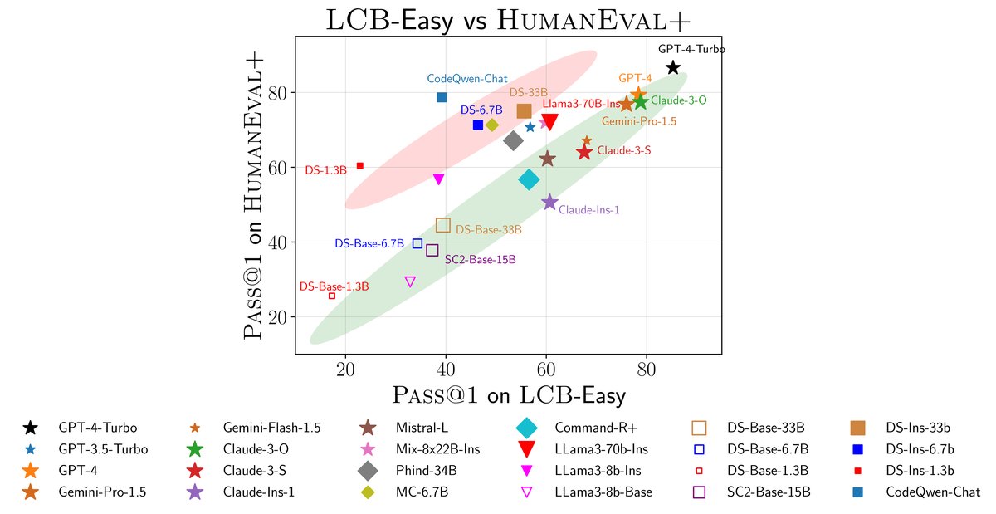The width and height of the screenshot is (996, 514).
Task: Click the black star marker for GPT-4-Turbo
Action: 673,67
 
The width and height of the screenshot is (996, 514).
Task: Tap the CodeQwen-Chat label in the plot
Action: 467,79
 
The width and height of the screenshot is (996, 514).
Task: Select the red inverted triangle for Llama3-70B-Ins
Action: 549,123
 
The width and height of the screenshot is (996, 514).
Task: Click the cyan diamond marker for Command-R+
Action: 529,179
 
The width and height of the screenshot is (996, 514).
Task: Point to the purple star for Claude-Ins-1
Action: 549,202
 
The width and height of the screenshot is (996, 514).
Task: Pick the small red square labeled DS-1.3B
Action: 359,166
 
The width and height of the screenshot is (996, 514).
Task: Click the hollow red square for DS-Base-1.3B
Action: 332,296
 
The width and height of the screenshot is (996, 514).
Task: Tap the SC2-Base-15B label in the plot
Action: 480,260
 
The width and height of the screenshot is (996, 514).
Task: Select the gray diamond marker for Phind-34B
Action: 514,140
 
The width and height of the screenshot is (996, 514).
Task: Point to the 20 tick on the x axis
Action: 345,369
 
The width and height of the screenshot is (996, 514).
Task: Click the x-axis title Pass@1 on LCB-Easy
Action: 508,394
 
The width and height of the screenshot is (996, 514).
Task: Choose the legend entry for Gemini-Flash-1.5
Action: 271,428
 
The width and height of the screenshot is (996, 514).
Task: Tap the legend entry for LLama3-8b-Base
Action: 603,492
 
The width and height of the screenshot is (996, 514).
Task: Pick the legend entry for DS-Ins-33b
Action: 917,428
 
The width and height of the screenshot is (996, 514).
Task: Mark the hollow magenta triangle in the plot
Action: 410,282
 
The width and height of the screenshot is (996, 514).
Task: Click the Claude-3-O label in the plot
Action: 678,100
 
